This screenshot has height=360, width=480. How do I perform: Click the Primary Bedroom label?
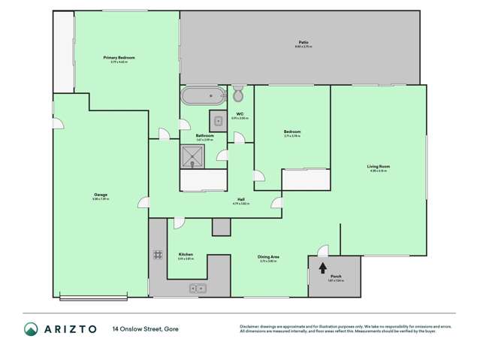119,57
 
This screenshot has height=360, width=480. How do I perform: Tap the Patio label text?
303,42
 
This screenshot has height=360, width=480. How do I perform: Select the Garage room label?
100,195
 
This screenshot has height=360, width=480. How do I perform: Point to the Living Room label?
378,166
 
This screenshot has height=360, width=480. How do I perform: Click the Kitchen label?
186,255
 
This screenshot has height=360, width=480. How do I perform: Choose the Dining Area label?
269,257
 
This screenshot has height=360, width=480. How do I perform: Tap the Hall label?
240,199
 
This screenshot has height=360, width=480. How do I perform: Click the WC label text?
239,113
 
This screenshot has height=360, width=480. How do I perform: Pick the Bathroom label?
204,136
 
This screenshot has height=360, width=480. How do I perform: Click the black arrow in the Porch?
323,266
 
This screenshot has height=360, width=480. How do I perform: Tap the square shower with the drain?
193,156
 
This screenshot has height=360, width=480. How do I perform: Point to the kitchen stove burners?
158,255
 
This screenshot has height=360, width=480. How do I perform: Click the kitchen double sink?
198,287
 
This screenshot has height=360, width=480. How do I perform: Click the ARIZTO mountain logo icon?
31,329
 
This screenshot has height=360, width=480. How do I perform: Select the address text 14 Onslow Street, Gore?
146,328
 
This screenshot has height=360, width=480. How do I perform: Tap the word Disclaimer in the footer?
249,326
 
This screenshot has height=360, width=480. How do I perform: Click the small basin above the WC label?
218,119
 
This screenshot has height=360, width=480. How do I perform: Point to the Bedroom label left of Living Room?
291,132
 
